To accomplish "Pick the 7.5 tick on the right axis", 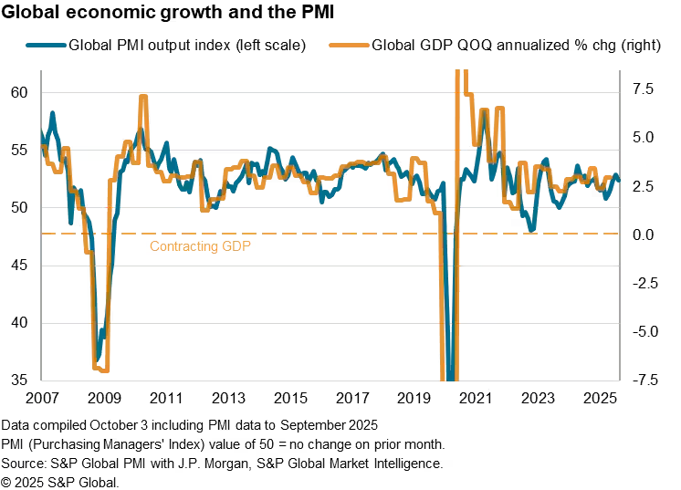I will point(643,89).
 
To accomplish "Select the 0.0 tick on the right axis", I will point(643,235).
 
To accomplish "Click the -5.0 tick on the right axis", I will point(643,331).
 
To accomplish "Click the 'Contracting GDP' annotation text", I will point(199,246).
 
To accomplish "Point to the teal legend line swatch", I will point(46,45).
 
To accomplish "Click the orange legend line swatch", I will point(350,45).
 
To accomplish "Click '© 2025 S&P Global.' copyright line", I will point(60,481).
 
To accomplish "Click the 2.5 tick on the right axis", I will point(643,186).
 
